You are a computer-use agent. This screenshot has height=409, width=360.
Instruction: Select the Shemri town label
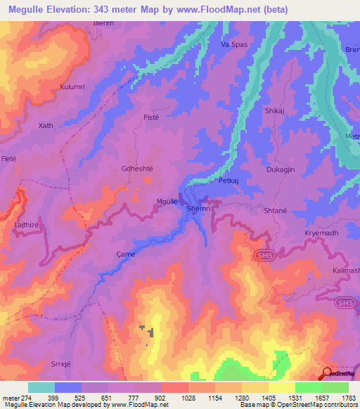(198, 209)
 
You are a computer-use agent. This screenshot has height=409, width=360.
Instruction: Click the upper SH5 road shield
(264, 255)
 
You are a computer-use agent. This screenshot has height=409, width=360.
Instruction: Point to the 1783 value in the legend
(347, 398)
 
